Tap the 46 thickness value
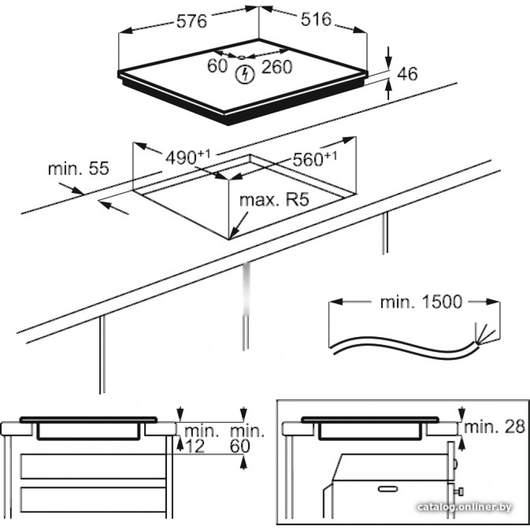407,74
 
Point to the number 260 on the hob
276,67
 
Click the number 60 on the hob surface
217,66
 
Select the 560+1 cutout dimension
315,158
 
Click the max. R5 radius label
273,200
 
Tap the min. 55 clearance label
78,169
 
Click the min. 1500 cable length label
421,302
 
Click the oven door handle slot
388,488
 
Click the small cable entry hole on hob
241,57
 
